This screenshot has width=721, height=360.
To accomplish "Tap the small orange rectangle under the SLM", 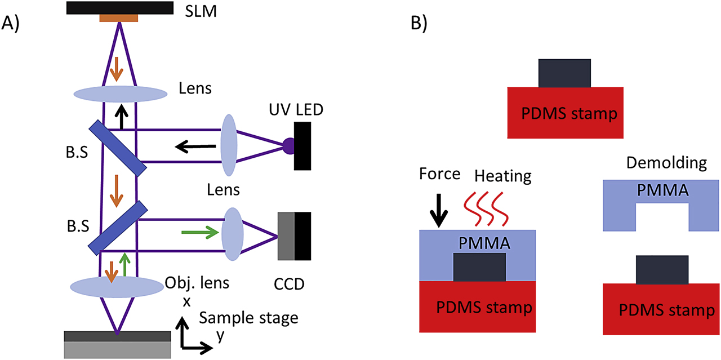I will coord(118,19).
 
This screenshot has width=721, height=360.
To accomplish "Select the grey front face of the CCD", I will coord(286,236).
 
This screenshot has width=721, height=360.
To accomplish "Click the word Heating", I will coord(502,176).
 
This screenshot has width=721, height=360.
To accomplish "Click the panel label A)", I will coord(13,24).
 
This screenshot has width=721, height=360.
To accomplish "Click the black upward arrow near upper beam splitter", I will coord(119,117).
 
